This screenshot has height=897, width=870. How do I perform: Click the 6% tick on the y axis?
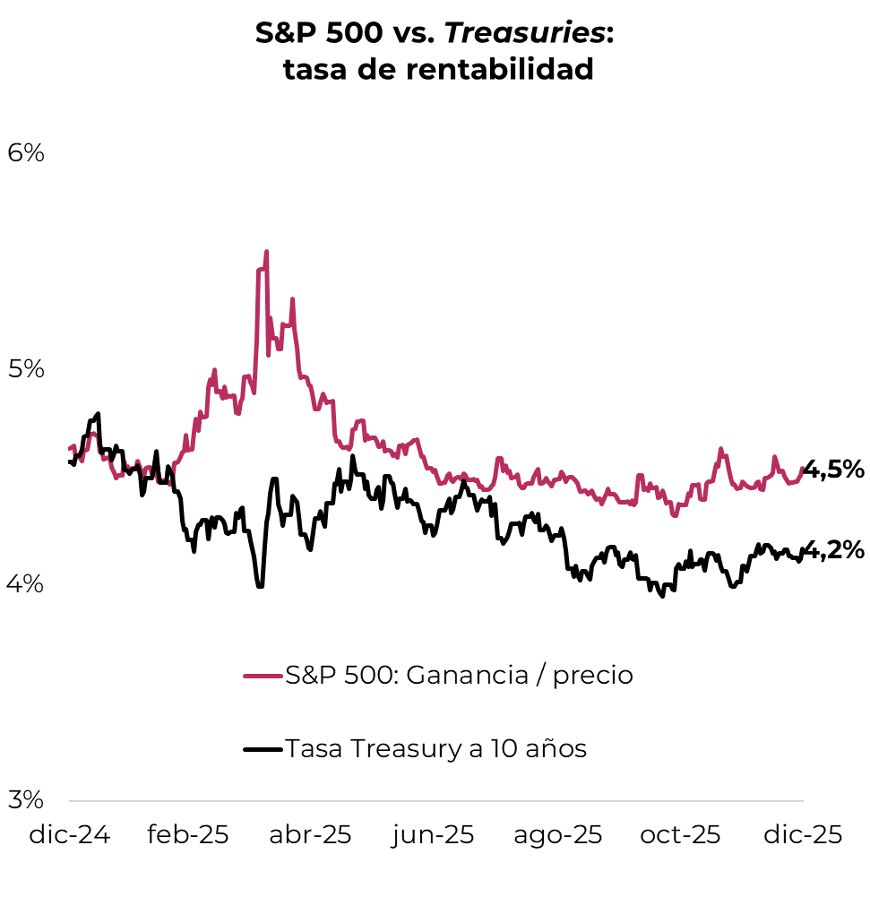point(25,153)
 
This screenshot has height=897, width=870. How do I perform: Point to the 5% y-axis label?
point(25,368)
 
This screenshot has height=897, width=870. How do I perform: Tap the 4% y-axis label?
point(25,583)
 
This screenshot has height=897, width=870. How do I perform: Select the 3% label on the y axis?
point(25,799)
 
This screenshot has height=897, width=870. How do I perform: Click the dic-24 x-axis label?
point(70,835)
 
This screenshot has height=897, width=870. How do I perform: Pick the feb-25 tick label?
point(188,835)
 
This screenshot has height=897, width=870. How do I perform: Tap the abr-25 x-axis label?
point(311,835)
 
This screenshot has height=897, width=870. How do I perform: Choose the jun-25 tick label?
point(433,835)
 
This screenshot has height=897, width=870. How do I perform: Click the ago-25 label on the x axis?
point(557,835)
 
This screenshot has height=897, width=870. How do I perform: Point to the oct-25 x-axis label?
point(680,835)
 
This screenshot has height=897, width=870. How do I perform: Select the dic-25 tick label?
point(803,835)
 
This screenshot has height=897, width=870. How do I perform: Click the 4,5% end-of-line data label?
point(833,469)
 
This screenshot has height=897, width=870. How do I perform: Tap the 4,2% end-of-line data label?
point(833,549)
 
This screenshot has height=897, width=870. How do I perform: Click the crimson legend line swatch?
point(263,676)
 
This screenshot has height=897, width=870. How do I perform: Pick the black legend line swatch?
point(263,748)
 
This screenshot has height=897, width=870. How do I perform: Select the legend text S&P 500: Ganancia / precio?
point(459,676)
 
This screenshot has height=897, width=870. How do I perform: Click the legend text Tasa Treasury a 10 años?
point(435,748)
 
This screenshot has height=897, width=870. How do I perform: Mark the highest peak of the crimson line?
point(266,253)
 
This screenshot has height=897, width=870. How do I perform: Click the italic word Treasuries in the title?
point(525,33)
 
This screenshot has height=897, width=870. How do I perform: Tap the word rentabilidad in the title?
point(500,69)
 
